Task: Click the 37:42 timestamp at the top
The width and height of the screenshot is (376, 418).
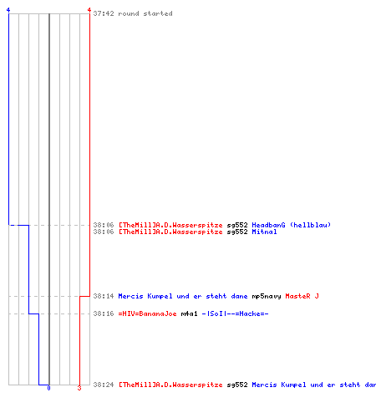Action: click(104, 13)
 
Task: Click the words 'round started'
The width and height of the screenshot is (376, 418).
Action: click(145, 13)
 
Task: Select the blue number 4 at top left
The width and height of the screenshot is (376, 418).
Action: click(8, 10)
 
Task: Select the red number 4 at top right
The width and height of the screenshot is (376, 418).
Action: click(89, 10)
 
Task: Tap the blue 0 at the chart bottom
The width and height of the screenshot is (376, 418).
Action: click(49, 388)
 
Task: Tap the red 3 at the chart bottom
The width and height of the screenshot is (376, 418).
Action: click(79, 388)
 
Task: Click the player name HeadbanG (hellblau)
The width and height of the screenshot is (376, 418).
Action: click(292, 225)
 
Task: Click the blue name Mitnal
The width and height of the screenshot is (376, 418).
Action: click(264, 232)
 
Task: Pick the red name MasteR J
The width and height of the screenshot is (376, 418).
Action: click(302, 296)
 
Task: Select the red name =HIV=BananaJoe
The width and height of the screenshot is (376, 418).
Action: click(147, 313)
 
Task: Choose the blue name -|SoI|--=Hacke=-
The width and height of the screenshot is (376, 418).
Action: click(235, 313)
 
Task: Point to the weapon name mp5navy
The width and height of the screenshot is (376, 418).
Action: click(267, 296)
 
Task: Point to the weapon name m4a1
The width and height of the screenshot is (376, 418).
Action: click(189, 313)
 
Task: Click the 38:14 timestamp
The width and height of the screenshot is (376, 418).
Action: click(104, 296)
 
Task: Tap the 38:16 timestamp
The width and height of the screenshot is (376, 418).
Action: click(104, 313)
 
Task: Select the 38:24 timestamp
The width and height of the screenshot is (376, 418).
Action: click(104, 385)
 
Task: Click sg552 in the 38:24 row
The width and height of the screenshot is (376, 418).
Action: click(237, 385)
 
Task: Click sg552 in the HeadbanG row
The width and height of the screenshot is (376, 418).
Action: click(237, 225)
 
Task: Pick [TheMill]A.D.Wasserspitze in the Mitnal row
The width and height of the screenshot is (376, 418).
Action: click(170, 232)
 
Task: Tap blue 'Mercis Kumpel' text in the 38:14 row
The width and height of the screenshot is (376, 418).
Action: click(145, 296)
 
